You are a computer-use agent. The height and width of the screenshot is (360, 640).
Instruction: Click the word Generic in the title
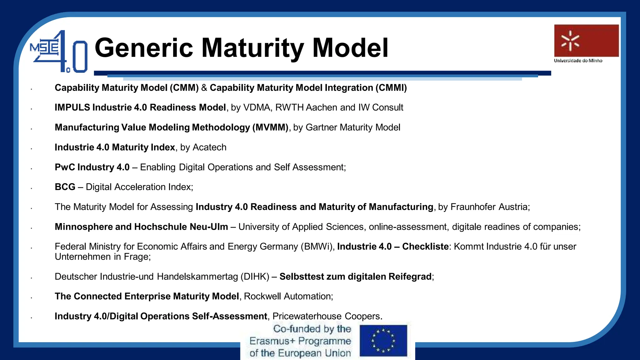pos(144,48)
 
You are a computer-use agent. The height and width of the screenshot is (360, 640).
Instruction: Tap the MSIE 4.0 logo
pos(59,52)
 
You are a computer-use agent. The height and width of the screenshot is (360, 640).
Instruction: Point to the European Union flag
pos(383,340)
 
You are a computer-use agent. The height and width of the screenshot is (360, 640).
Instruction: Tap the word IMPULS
pos(72,107)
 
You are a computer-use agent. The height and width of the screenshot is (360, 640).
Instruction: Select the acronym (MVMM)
pos(270,127)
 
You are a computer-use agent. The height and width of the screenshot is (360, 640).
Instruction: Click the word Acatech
pos(209,147)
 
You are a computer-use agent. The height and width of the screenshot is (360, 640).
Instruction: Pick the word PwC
pos(64,167)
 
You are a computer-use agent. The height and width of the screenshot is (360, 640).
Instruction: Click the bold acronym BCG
pos(65,187)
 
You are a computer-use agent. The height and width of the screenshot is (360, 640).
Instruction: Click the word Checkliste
pos(425,247)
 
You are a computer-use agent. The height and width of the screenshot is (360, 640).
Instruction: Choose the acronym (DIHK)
pos(255,277)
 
